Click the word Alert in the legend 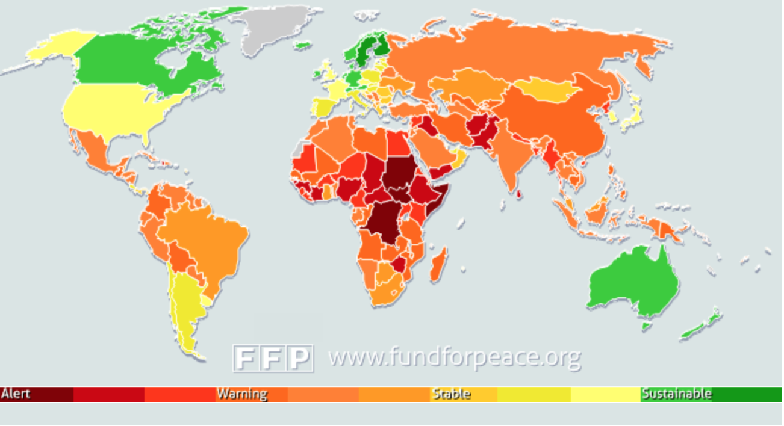tap(16, 394)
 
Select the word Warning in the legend tap(242, 394)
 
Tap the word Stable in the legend tap(452, 394)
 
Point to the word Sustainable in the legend tap(676, 394)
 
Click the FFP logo tap(273, 358)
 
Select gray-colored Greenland tap(274, 27)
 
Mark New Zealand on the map tap(702, 325)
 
